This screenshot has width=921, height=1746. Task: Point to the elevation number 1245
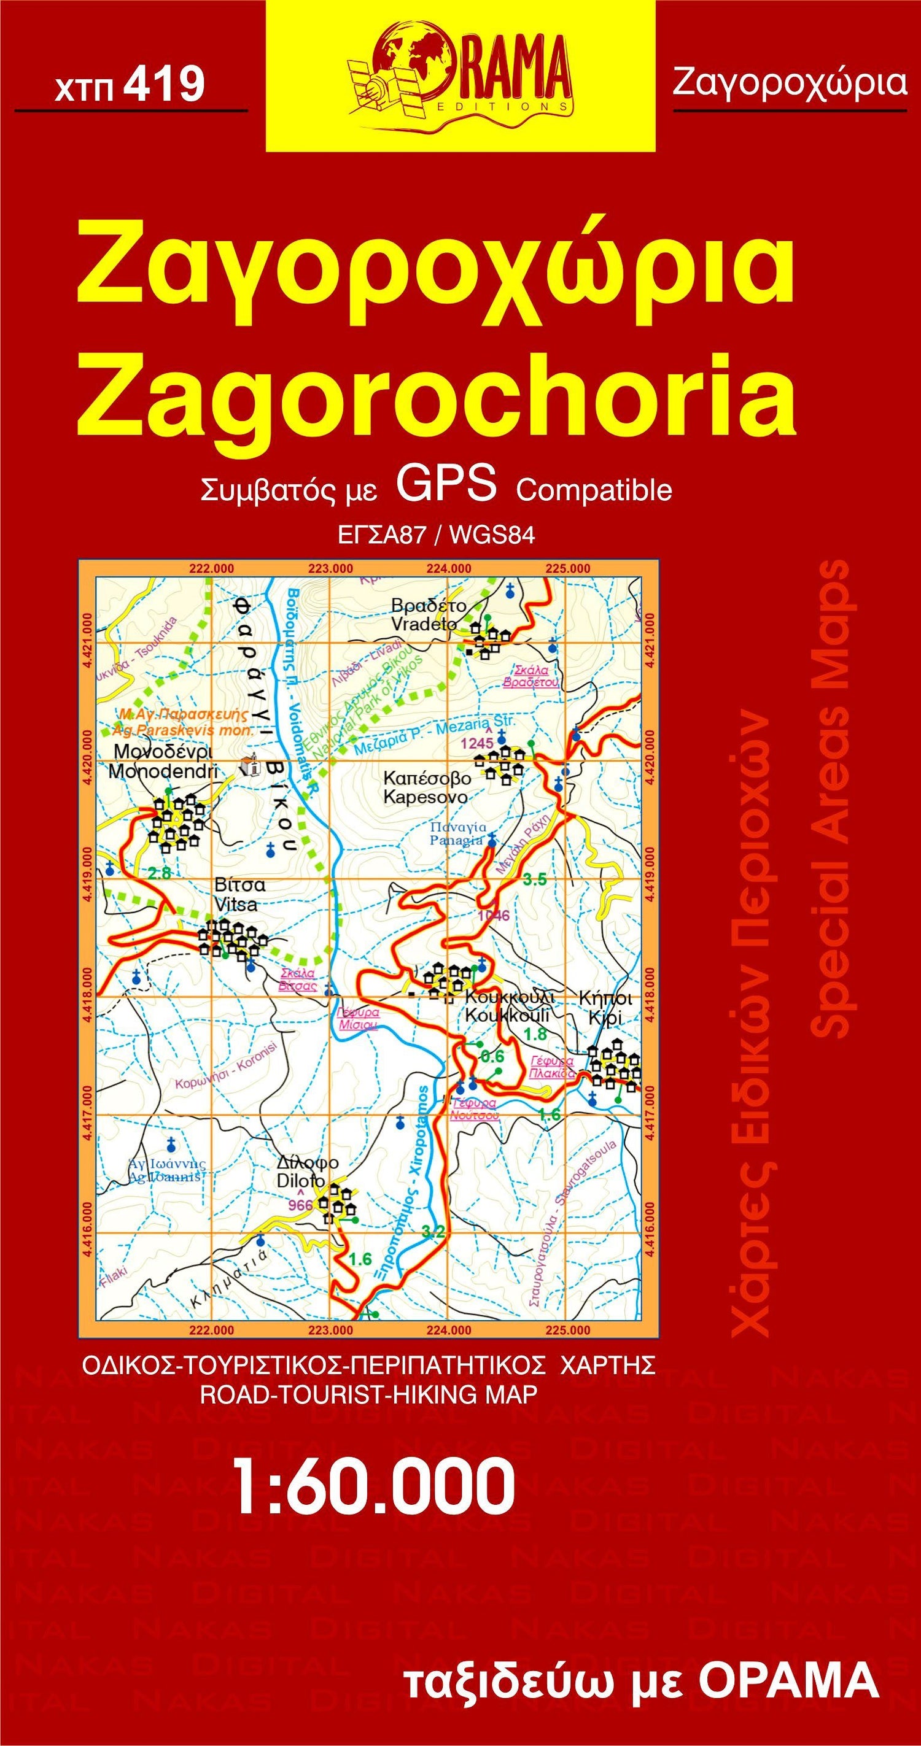[x=478, y=743]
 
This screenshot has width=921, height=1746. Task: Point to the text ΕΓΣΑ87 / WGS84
[x=436, y=535]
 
